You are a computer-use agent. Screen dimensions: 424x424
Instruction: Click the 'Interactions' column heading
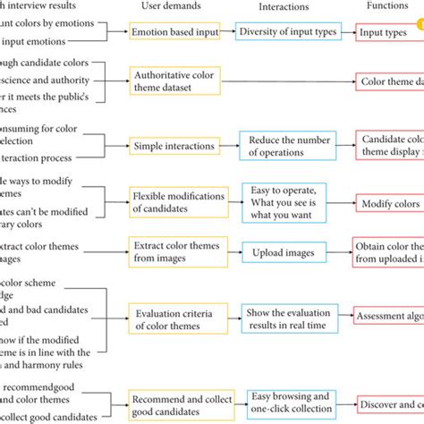click(284, 6)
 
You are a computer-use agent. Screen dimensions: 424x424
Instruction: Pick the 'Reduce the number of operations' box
click(287, 145)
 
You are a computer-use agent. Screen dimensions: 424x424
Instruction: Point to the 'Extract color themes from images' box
click(176, 252)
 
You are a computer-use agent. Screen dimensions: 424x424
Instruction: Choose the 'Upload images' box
click(284, 254)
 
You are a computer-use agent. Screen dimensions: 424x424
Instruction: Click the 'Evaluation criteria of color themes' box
click(176, 316)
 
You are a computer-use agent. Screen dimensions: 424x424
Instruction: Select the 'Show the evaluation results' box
click(286, 316)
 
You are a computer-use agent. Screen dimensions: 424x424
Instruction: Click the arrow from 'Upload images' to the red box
click(341, 254)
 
